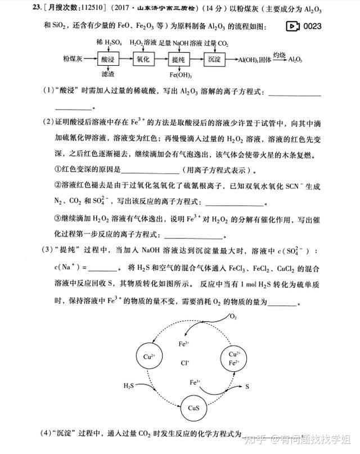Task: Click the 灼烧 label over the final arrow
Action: click(280, 54)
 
